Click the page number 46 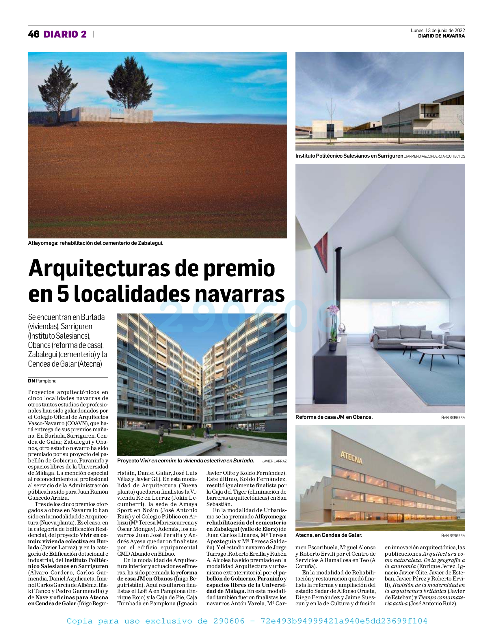point(34,34)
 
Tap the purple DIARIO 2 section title point(65,34)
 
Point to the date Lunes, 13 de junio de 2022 point(438,30)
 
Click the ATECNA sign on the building point(351,457)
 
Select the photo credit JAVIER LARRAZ point(274,461)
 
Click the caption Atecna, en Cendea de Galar point(329,535)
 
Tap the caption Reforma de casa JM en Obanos point(334,417)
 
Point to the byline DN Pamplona point(42,381)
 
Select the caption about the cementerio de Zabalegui point(96,243)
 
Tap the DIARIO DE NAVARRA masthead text point(441,36)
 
